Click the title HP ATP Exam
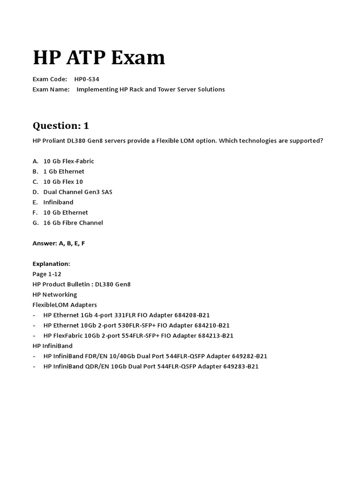(99, 58)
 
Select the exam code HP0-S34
(87, 79)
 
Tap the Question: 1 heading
(60, 126)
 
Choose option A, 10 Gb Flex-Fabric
(68, 161)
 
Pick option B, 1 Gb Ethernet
(64, 172)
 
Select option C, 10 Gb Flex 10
(63, 182)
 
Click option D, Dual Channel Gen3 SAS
(77, 192)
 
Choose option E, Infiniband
(58, 202)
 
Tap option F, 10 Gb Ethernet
(66, 213)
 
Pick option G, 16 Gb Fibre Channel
(73, 223)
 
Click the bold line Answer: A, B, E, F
(59, 243)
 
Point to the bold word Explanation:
(51, 264)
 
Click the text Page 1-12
(47, 274)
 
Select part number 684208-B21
(207, 315)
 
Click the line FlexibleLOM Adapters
(65, 305)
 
